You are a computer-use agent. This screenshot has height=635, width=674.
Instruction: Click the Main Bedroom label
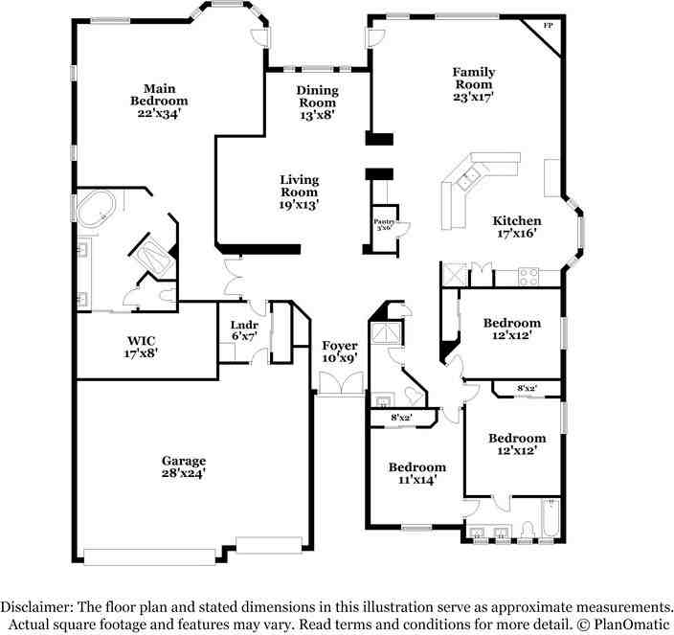point(159,94)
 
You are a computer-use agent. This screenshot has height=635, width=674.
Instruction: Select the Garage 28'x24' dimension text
point(183,473)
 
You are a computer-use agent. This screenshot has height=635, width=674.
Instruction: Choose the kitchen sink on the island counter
point(470,176)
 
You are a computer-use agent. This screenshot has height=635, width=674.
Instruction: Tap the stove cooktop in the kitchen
point(528,277)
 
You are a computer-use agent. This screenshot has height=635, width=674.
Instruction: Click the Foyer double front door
point(340,383)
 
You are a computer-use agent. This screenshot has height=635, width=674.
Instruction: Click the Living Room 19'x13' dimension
point(299,204)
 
